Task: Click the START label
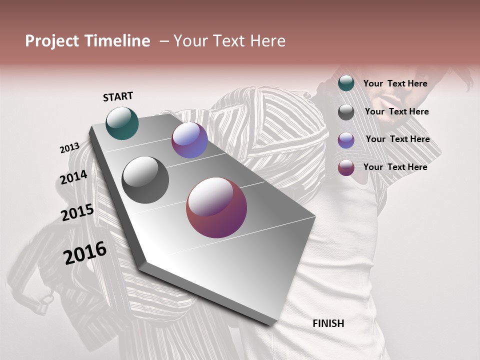(x=118, y=96)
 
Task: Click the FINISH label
(x=328, y=323)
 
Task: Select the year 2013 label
(x=69, y=148)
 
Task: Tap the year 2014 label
(x=74, y=177)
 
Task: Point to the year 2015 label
(x=77, y=212)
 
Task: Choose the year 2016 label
(x=85, y=253)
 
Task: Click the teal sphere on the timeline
(x=122, y=123)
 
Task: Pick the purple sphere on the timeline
(x=189, y=140)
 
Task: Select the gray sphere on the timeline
(x=145, y=179)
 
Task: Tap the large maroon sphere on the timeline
(x=216, y=208)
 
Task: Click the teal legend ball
(x=346, y=83)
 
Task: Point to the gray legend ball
(x=346, y=112)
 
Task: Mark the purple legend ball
(x=346, y=140)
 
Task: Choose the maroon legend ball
(x=346, y=167)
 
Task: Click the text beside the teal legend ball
(x=395, y=83)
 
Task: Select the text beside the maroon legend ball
(x=395, y=167)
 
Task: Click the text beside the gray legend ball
(x=396, y=111)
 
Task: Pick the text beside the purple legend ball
(x=397, y=139)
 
